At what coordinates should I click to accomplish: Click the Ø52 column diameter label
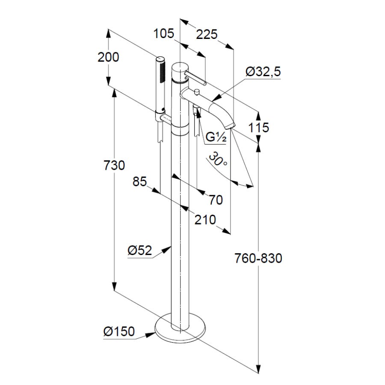click(139, 250)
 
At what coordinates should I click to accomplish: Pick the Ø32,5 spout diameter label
click(263, 72)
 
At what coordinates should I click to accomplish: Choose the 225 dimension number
click(207, 33)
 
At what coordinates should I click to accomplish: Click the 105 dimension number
click(164, 33)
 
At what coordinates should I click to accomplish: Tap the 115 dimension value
click(258, 127)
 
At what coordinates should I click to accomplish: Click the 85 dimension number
click(139, 182)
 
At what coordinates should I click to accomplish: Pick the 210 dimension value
click(204, 220)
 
